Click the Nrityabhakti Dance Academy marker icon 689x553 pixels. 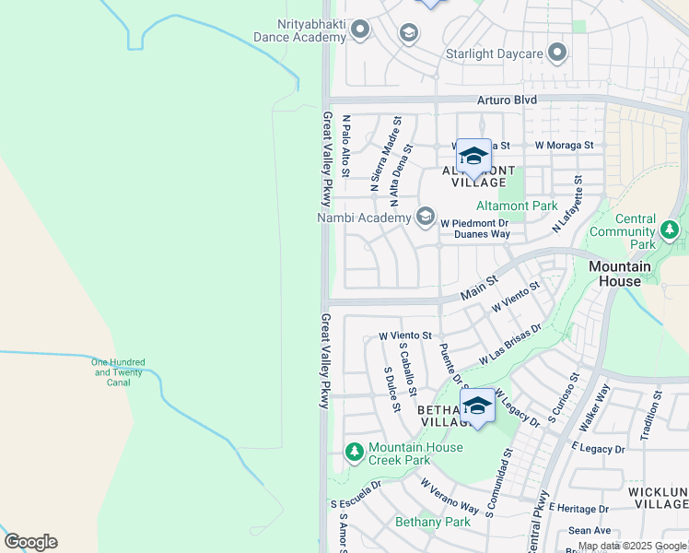point(360,30)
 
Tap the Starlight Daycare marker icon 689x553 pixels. point(556,53)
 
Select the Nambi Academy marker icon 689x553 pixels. point(425,218)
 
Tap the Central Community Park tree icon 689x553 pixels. point(669,229)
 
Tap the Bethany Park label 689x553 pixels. point(433,522)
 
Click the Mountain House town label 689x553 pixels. point(620,274)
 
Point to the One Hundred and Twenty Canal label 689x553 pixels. point(118,371)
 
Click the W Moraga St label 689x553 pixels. point(564,145)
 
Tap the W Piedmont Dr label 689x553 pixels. point(474,222)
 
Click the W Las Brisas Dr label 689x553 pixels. point(509,345)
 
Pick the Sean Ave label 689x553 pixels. point(590,530)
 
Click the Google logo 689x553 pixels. point(30,542)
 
